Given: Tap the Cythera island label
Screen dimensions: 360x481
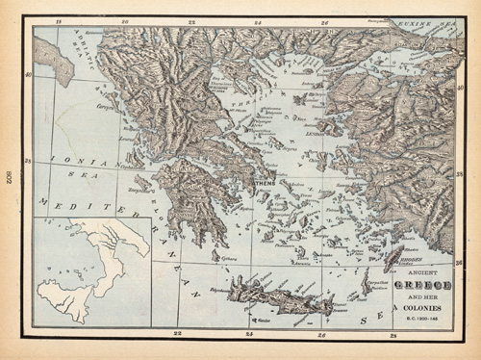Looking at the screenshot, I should tap(229, 258).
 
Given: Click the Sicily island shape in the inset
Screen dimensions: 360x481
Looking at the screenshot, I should tap(50, 289).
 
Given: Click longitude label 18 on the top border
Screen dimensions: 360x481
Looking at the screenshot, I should tap(58, 20).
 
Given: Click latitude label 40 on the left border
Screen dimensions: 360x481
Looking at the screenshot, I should tap(29, 73).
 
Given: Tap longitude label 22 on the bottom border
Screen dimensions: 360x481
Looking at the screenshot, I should tap(176, 335).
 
